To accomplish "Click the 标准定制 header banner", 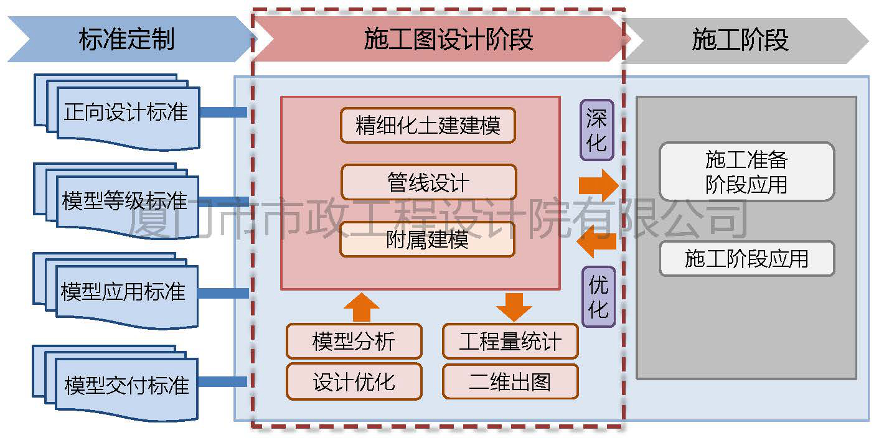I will (x=127, y=39).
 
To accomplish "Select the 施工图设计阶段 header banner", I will (x=448, y=39).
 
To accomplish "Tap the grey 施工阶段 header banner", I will (x=741, y=39).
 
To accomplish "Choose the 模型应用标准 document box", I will (x=124, y=291).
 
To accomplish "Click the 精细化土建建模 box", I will (x=428, y=125).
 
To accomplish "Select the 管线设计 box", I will (x=428, y=182).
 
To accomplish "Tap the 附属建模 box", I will (x=427, y=240).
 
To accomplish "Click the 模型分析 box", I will (x=354, y=341).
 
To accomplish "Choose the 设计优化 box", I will (x=354, y=381).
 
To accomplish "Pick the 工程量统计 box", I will (x=510, y=341).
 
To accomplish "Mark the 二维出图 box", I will (x=510, y=381).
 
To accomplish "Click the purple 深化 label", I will (x=597, y=130).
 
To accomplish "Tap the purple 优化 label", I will (x=598, y=297).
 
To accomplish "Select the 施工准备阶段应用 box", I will (x=746, y=172).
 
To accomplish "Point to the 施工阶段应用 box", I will (x=746, y=258).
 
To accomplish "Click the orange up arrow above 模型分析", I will (x=361, y=306).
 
